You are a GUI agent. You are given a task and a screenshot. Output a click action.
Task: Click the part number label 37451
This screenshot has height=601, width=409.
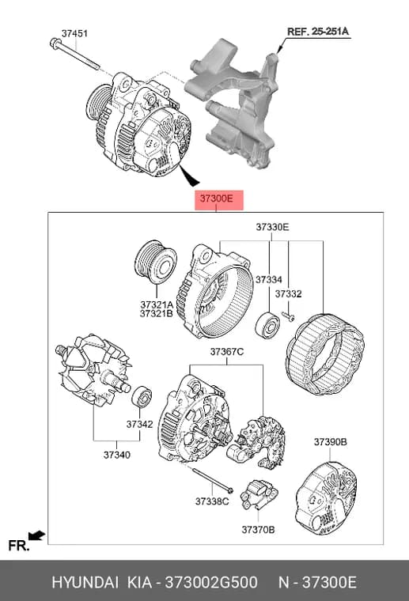pos(74,33)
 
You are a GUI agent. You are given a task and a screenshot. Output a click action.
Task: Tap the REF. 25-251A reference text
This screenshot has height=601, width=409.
pos(318,32)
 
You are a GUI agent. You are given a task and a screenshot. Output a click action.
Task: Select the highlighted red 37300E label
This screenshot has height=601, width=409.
pos(219,199)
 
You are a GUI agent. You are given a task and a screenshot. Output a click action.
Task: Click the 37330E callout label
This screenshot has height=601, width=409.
pos(273,227)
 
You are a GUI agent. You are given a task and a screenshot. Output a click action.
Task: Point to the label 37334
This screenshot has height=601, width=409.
pos(269,280)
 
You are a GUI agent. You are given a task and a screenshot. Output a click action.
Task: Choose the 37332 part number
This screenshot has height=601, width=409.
pos(288,294)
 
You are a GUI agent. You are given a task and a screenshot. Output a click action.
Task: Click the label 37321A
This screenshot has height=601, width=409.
pos(157,305)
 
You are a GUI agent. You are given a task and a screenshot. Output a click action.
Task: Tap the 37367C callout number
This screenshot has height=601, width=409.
pos(226,351)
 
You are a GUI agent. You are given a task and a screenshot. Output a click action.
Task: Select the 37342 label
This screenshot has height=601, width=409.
pos(139,425)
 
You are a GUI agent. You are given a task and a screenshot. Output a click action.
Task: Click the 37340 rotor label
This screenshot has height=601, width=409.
pos(117,455)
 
